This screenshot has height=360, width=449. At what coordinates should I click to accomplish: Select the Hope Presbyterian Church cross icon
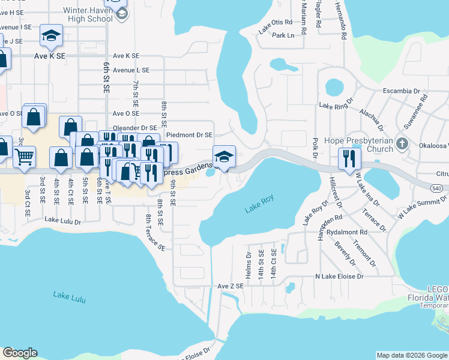tap(402, 144)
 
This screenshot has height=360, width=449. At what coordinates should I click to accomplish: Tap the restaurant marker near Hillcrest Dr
tap(348, 158)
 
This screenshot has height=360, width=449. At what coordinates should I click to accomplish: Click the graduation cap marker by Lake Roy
tap(224, 157)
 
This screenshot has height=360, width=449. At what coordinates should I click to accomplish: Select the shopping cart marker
tap(24, 157)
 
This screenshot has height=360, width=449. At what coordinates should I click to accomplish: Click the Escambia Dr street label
tap(401, 91)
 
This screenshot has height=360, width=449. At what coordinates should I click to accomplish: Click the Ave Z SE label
tap(230, 286)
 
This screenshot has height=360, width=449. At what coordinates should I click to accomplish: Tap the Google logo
tap(20, 353)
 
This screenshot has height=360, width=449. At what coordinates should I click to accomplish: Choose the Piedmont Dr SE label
tap(189, 135)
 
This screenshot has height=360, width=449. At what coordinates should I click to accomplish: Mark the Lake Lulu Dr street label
tap(62, 221)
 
